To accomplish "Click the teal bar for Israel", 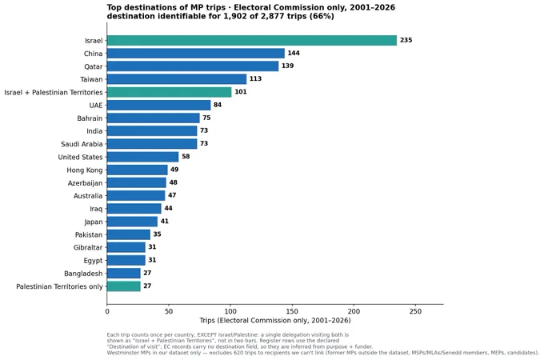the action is [252, 40].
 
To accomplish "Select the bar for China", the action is [196, 54].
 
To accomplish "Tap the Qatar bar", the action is [193, 66].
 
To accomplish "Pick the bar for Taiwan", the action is [177, 79].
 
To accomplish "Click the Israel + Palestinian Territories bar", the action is [170, 92].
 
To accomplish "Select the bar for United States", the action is [143, 157].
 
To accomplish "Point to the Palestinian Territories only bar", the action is [124, 286].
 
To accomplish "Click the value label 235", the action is [406, 40].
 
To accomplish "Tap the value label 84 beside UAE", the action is [218, 105].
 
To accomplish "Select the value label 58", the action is [186, 157].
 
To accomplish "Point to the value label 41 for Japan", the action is [165, 222].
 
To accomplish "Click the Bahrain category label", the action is [90, 118].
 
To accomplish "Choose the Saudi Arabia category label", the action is [82, 144].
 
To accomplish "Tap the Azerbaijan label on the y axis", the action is [86, 183].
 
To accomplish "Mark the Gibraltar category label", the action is [88, 248].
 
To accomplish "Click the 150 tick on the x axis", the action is [292, 311].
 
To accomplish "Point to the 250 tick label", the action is [415, 311].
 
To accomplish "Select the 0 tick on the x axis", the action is [107, 311].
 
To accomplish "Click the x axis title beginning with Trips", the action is [275, 321].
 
